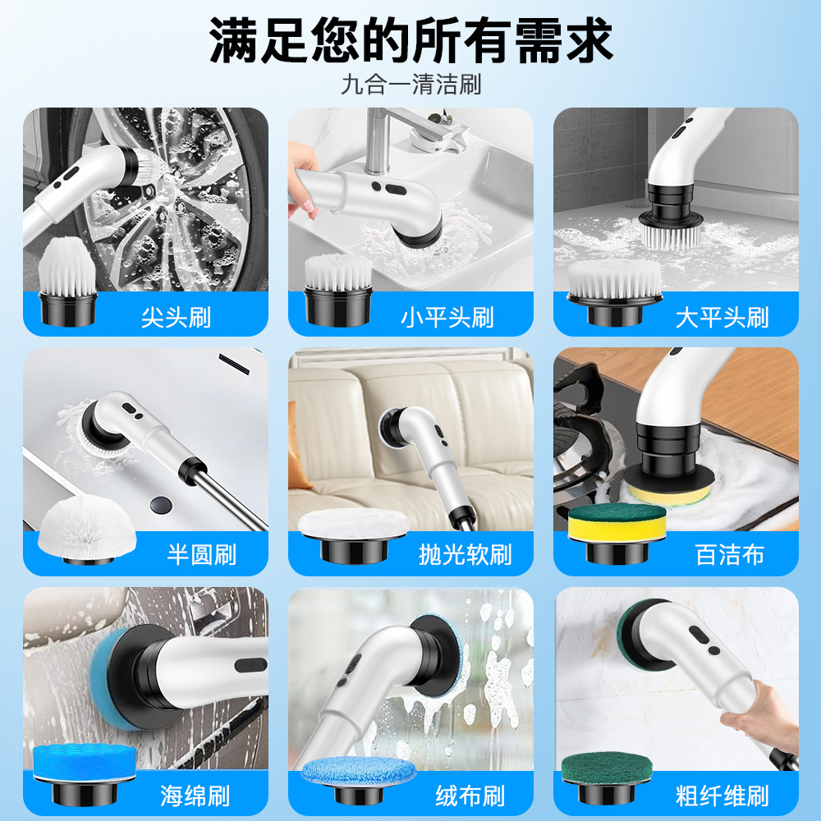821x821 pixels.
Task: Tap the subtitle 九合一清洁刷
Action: coord(410,85)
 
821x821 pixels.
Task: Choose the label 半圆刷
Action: coord(201,554)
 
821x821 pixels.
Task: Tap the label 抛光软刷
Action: coord(465,554)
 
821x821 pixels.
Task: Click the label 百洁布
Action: coord(730,554)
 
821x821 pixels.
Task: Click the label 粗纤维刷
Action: coord(722,795)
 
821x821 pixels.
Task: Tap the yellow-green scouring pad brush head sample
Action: coord(606,524)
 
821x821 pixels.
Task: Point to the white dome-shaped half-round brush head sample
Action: coord(75,525)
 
